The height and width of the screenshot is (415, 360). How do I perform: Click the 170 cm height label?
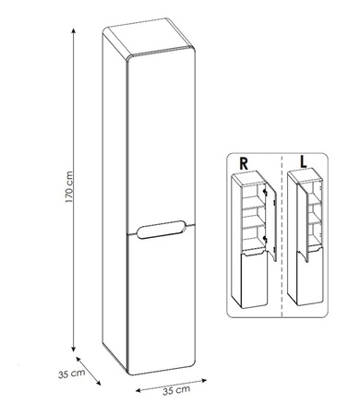tap(69, 187)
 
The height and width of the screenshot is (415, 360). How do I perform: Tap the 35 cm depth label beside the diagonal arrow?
tap(71, 373)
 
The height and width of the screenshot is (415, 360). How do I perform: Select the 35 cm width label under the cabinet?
tap(176, 390)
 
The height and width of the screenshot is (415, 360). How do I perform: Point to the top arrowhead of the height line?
tap(73, 30)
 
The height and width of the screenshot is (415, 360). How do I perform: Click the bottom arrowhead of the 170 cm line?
tap(73, 349)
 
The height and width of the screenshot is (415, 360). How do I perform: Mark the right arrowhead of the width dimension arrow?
tap(204, 381)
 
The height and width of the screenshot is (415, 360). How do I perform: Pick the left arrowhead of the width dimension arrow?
tap(138, 390)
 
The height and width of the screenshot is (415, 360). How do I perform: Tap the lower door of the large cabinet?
tap(162, 302)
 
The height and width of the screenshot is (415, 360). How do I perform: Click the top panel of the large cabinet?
tap(149, 36)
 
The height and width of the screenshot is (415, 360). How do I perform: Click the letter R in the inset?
tap(244, 164)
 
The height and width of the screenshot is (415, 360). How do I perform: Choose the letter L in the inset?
tap(304, 162)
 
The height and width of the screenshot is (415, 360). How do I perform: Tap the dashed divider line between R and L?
tap(282, 235)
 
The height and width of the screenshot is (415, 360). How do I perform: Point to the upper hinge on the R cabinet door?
tap(264, 192)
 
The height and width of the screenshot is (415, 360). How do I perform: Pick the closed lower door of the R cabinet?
tap(254, 279)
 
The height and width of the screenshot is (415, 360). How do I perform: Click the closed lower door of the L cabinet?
tap(310, 277)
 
